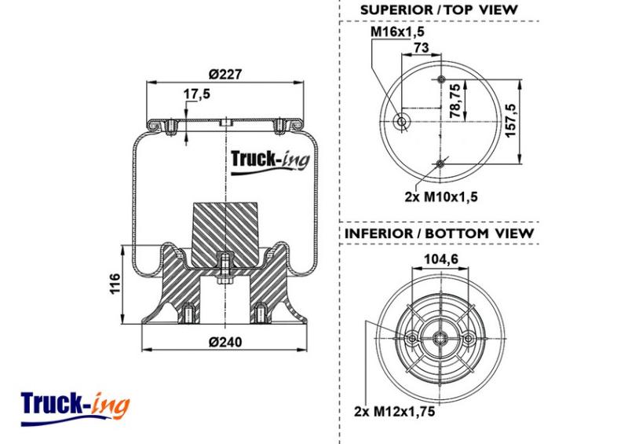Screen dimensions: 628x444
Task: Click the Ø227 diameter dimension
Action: click(225, 74)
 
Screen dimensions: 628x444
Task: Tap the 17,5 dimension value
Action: click(197, 94)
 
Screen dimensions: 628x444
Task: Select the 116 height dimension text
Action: click(115, 284)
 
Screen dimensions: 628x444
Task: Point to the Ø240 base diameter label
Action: click(225, 342)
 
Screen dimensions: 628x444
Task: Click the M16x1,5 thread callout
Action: click(397, 31)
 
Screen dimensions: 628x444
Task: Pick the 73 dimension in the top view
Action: click(422, 47)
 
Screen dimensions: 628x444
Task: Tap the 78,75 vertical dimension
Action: click(455, 101)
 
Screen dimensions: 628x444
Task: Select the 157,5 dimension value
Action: click(511, 120)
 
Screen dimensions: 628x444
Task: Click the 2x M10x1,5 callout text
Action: click(441, 197)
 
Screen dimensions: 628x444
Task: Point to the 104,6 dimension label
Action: click(441, 259)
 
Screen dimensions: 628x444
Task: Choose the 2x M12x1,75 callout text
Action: click(395, 412)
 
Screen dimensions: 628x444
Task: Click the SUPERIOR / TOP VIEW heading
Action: click(439, 10)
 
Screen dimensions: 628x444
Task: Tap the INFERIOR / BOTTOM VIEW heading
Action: click(440, 233)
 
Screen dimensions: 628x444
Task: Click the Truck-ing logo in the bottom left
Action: click(75, 409)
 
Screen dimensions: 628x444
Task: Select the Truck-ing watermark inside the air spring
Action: click(270, 161)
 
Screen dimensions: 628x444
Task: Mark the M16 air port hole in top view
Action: click(401, 122)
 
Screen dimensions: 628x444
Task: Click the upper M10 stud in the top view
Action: click(441, 79)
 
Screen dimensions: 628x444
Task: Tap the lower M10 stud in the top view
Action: click(440, 164)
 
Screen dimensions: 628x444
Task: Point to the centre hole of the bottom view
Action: click(440, 339)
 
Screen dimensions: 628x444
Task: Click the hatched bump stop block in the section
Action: click(225, 235)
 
